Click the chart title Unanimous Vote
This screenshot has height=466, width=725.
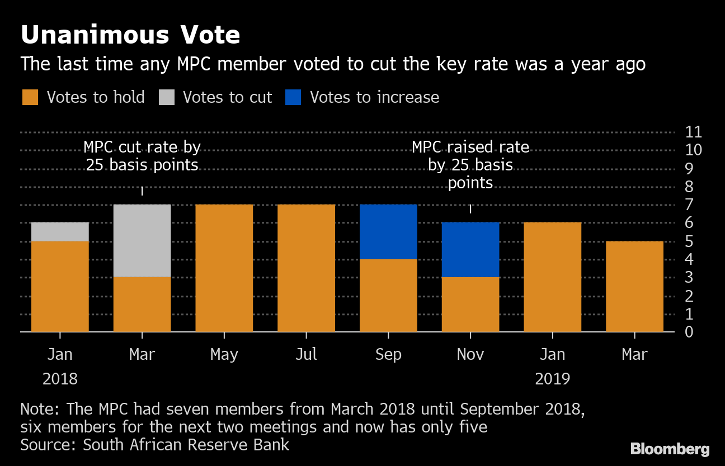(x=130, y=35)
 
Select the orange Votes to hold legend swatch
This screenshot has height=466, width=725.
(x=30, y=97)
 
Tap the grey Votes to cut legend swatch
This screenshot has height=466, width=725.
(x=167, y=97)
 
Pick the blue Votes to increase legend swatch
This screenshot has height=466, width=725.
(x=293, y=97)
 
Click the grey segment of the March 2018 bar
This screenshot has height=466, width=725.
(x=142, y=240)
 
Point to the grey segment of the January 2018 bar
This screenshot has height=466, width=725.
(x=60, y=231)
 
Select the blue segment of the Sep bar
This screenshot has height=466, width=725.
(x=388, y=231)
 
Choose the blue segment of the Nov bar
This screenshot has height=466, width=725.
(x=470, y=249)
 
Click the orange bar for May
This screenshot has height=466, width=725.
(x=224, y=268)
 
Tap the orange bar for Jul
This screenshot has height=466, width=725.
(x=306, y=268)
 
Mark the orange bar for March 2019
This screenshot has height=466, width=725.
(x=634, y=286)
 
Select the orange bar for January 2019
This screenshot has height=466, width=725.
(x=553, y=277)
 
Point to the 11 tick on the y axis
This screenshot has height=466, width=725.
(x=693, y=132)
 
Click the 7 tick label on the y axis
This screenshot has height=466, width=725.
(x=689, y=205)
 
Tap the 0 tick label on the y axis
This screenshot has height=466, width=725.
(x=689, y=332)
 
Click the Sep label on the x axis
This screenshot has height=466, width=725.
(x=388, y=354)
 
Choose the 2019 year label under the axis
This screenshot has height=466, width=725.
(x=553, y=379)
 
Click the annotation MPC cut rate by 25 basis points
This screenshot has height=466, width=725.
(x=142, y=156)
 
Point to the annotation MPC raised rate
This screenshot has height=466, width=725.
(x=470, y=165)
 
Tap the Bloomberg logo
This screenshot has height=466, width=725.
(x=670, y=449)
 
